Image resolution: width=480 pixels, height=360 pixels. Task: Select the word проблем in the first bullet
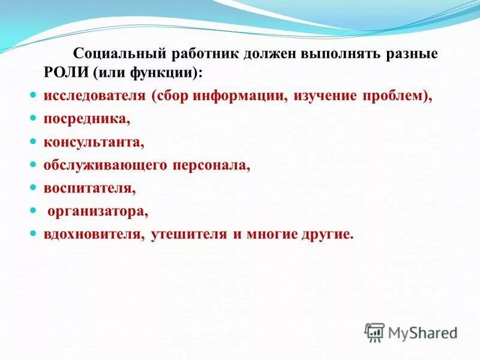[x=389, y=97]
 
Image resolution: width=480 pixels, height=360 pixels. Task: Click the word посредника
[x=86, y=119]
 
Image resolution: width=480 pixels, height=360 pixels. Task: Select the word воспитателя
[x=89, y=188]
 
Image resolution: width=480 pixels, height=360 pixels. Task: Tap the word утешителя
[x=186, y=234]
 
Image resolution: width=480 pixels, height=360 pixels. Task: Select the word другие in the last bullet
[x=326, y=234]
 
